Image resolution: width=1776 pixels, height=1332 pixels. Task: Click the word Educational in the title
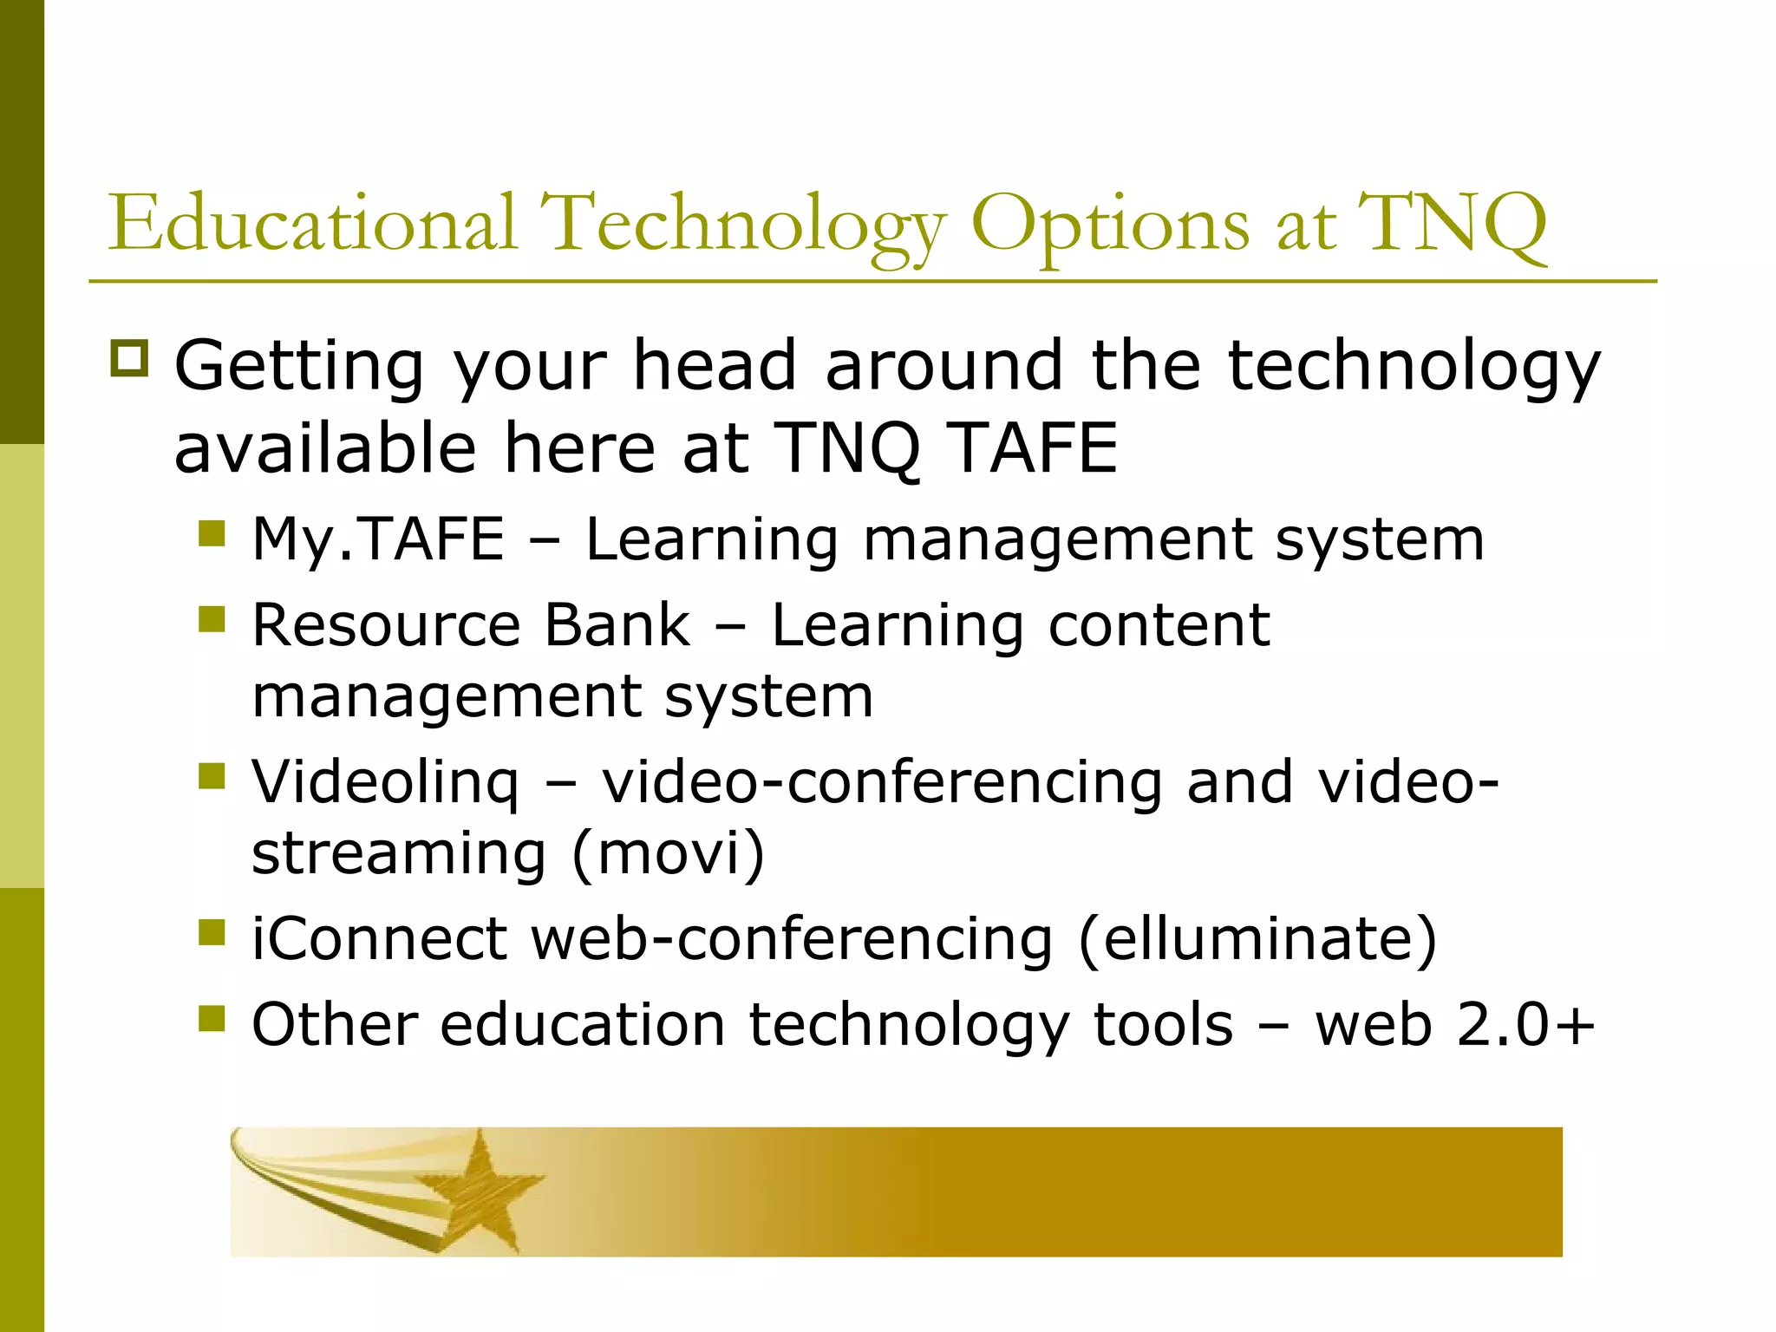coord(313,223)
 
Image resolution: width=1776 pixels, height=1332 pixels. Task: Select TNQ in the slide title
coord(1453,225)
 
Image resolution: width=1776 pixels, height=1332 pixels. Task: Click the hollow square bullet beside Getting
coord(130,357)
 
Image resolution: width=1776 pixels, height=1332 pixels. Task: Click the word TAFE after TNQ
coord(1032,448)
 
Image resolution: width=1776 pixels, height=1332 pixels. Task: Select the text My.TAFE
coord(378,539)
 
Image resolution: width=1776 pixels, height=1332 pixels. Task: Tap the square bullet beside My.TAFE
coord(212,533)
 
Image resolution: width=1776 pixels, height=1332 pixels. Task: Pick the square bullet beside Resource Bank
coord(212,619)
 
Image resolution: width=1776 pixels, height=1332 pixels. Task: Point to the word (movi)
coord(669,853)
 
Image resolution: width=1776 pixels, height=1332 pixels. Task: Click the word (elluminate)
coord(1258,939)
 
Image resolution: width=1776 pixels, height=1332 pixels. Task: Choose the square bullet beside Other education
coord(212,1019)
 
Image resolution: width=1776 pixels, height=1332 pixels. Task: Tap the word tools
coord(1163,1025)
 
